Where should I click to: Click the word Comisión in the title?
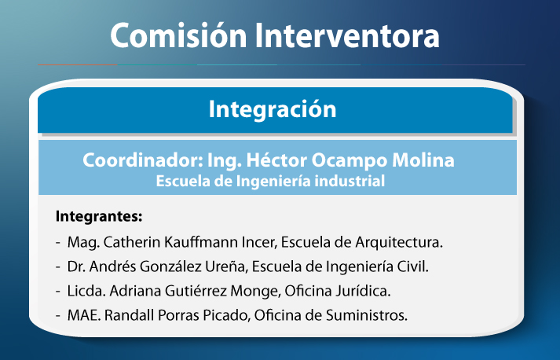point(178,35)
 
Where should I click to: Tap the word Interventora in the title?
point(347,35)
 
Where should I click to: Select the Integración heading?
point(273,110)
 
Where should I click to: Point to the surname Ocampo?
point(350,161)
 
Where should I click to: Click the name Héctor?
point(276,160)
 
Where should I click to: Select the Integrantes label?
point(99,217)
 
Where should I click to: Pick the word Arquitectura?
point(399,243)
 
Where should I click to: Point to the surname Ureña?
point(226,266)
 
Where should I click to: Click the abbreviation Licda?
point(86,291)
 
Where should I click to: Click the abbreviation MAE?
point(84,315)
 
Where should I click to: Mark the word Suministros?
point(367,315)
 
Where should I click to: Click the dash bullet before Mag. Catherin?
point(58,243)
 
